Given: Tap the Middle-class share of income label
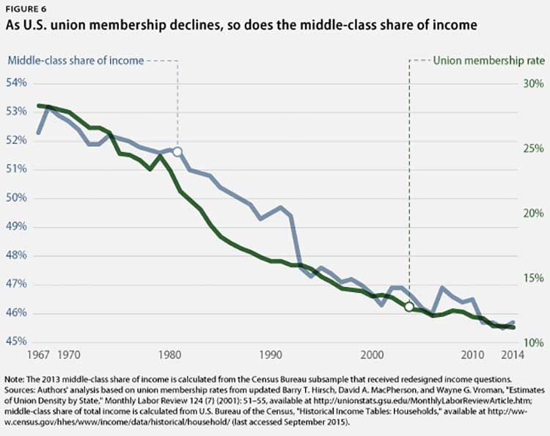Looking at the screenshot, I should coord(76,60).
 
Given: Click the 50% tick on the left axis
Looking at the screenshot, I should coord(17,198).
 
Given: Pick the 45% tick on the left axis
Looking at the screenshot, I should coord(17,342).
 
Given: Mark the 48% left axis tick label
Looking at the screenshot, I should coord(17,255).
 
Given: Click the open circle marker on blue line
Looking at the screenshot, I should coord(177,151).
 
